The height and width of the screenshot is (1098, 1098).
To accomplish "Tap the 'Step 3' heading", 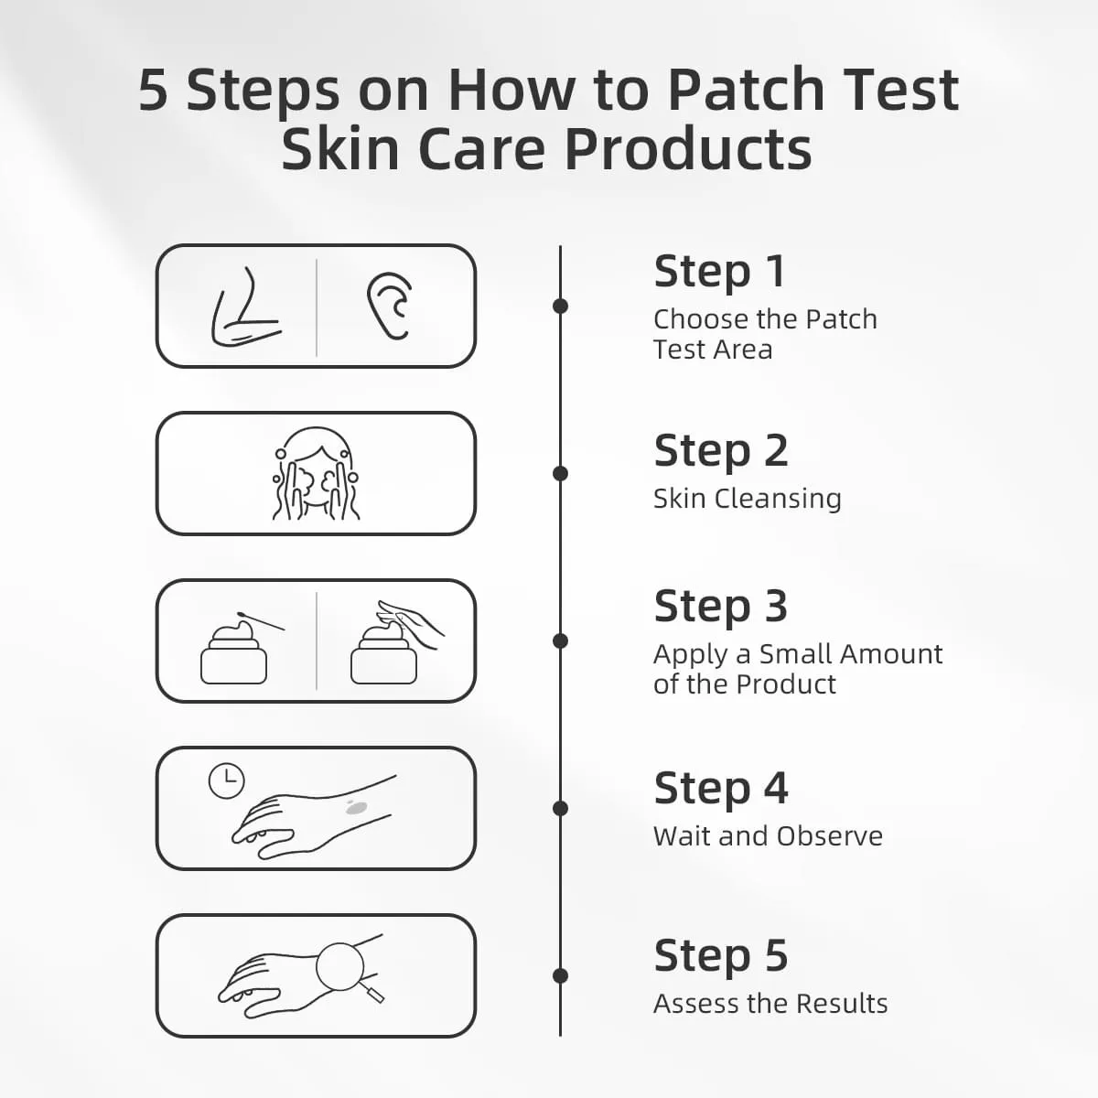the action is [x=721, y=607].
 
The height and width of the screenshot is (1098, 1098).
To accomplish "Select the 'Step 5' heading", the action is [x=721, y=955].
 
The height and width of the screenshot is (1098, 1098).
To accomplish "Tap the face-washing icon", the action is [x=316, y=473].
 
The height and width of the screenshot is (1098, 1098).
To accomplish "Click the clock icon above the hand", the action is [x=227, y=780].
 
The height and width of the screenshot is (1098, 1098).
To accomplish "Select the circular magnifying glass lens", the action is [x=339, y=967].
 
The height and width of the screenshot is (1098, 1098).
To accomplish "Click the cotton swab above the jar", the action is [x=261, y=621].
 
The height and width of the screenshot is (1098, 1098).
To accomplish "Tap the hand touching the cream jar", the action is [x=410, y=623].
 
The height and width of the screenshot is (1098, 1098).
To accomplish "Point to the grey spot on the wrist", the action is [x=356, y=806].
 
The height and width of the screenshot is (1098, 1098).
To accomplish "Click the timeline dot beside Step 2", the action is [x=561, y=473].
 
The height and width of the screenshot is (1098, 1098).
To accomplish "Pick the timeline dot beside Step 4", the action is [x=561, y=809].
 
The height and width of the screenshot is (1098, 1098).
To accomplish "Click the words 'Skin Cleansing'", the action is [x=747, y=499].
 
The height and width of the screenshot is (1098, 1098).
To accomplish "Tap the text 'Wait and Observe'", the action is [x=768, y=836].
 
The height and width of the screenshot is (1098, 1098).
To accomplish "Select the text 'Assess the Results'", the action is [x=770, y=1004].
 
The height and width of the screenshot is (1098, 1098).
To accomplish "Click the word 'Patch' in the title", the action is [x=747, y=90].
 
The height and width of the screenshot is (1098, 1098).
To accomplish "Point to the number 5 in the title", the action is [x=154, y=91].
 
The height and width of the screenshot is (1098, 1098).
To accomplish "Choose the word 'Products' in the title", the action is [x=688, y=149].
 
